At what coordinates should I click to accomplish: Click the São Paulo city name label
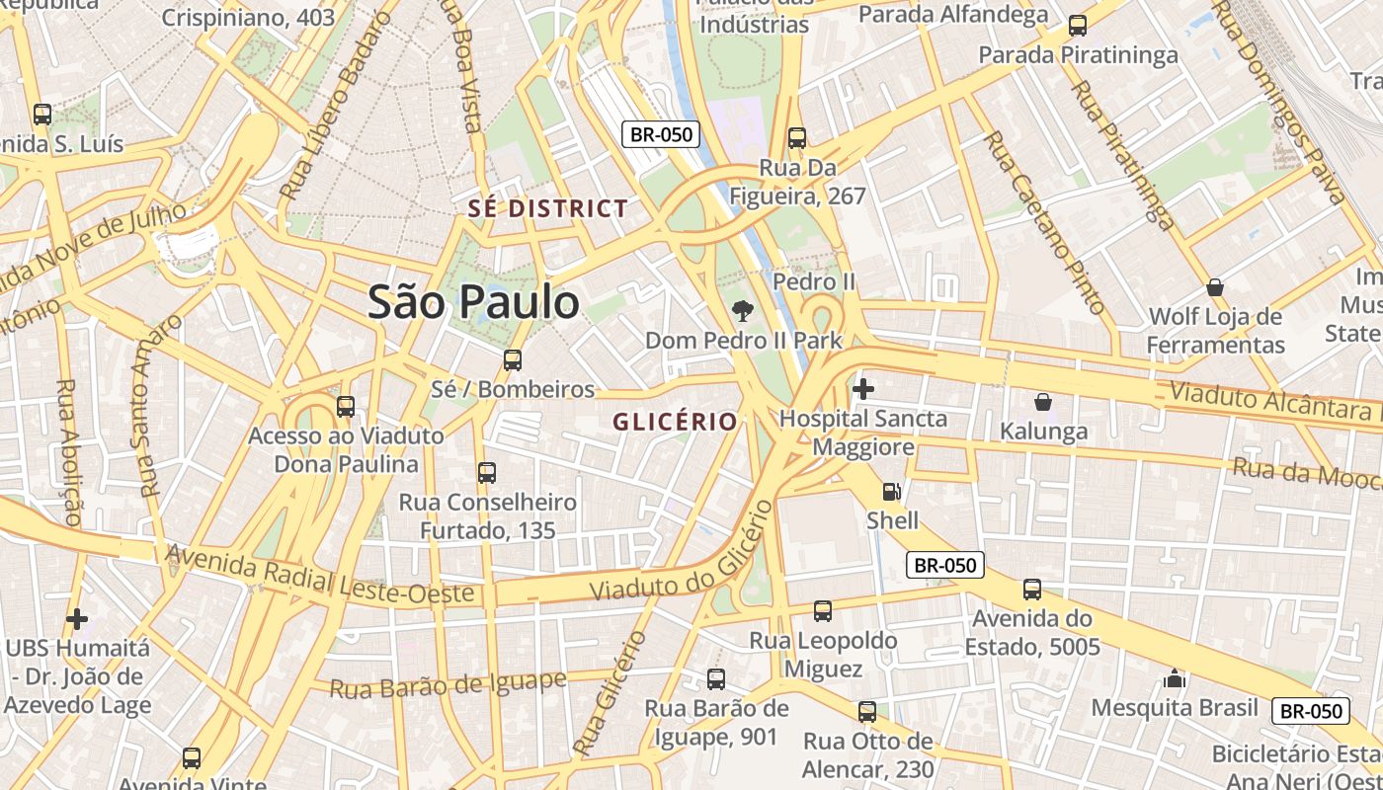[x=473, y=302]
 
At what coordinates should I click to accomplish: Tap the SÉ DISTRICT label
[x=548, y=208]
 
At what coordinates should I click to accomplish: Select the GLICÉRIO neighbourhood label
[x=675, y=422]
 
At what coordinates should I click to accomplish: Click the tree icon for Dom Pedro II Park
[x=742, y=311]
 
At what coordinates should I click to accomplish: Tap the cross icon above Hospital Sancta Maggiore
[x=862, y=389]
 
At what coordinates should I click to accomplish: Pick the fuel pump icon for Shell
[x=891, y=491]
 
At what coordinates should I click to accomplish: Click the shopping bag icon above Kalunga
[x=1042, y=402]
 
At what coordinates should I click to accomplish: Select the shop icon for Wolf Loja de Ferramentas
[x=1215, y=287]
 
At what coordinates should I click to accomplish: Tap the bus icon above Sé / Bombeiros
[x=512, y=360]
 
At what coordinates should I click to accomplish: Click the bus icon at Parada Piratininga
[x=1078, y=26]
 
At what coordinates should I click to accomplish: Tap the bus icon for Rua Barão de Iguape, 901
[x=716, y=679]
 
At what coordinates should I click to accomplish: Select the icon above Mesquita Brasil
[x=1174, y=678]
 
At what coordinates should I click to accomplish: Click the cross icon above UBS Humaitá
[x=77, y=619]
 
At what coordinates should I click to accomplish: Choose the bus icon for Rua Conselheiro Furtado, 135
[x=487, y=473]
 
